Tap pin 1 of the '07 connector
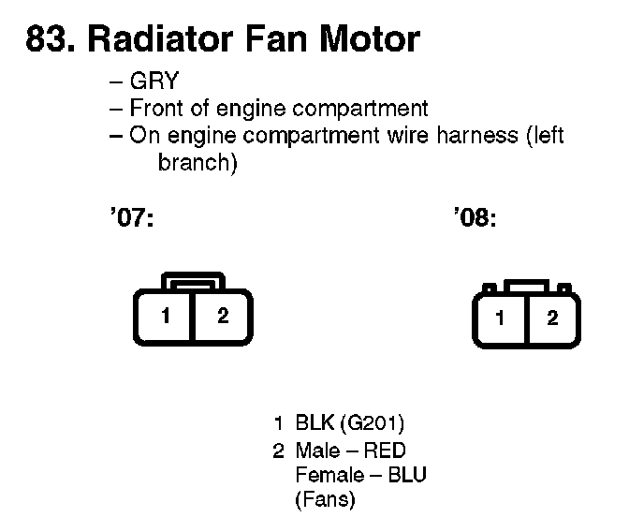pos(164,316)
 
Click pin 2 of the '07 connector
pos(223,316)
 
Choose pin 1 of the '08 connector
pos(500,318)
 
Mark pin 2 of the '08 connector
pos(552,318)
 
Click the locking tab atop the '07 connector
pos(193,283)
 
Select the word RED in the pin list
pos(386,451)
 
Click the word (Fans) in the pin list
pos(325,500)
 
